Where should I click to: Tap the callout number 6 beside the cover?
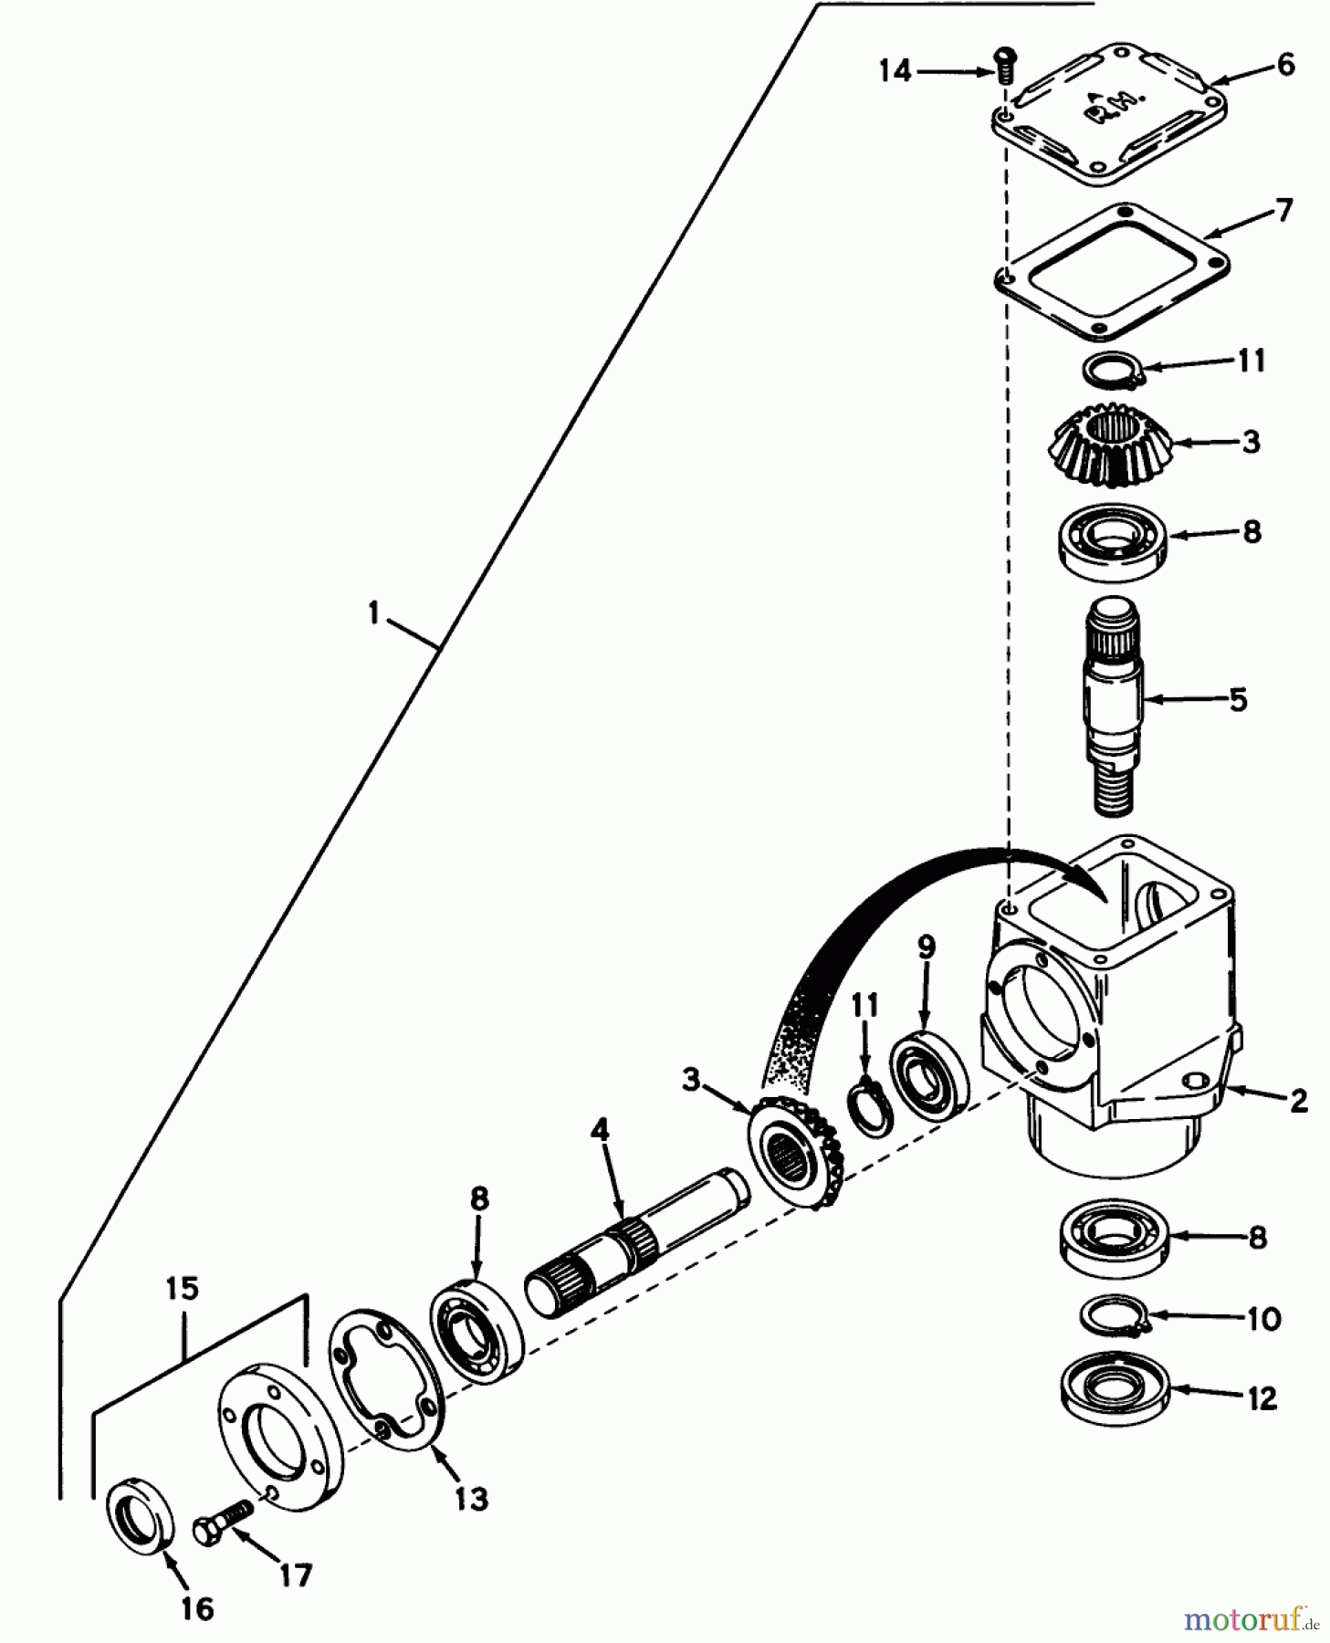pos(1285,66)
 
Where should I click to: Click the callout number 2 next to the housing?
pos(1298,1101)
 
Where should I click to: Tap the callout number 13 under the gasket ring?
pos(471,1499)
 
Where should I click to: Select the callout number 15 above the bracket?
pos(182,1290)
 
